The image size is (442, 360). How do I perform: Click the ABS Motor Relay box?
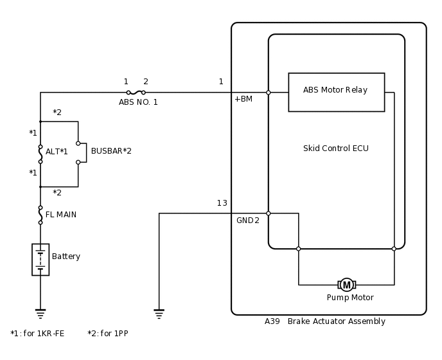[336, 92]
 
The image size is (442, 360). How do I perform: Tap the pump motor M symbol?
[347, 285]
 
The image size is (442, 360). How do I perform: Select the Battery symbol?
[40, 259]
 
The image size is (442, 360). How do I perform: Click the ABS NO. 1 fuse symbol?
[136, 93]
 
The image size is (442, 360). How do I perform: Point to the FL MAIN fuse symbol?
[40, 215]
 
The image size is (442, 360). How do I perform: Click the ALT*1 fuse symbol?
[40, 154]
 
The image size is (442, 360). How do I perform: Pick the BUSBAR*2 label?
[111, 151]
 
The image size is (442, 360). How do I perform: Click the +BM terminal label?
[243, 99]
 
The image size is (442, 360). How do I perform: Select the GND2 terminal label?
[248, 221]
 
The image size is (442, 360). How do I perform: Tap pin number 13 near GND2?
[222, 203]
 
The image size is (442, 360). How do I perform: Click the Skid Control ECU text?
[335, 148]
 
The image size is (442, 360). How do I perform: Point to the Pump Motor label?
[350, 298]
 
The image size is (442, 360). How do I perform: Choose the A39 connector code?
[272, 321]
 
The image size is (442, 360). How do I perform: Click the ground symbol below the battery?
[40, 314]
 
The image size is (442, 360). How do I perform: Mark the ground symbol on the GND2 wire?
[159, 314]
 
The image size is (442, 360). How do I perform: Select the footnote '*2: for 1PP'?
[108, 334]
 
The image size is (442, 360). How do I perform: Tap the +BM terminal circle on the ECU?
[269, 93]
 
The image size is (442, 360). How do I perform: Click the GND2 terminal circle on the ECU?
[269, 213]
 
